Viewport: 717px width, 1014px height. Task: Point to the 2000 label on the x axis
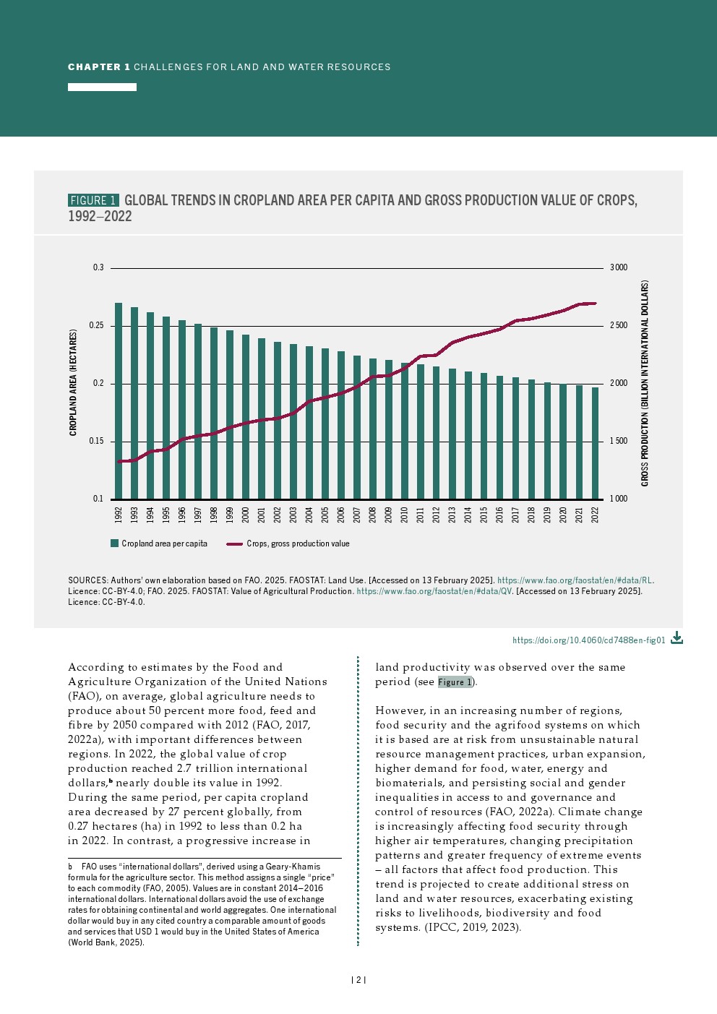[x=246, y=514]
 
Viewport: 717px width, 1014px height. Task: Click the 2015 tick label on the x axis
[x=484, y=514]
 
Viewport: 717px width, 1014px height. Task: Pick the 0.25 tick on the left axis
[x=97, y=326]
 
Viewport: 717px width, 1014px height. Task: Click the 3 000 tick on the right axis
[x=619, y=267]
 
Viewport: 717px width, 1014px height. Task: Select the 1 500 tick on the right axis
[x=619, y=441]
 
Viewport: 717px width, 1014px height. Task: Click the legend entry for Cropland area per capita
[x=159, y=543]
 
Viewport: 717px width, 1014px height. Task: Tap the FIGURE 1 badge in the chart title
[x=93, y=200]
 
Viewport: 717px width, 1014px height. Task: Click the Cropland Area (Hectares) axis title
[x=73, y=382]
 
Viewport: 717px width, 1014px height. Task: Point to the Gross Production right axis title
[x=645, y=383]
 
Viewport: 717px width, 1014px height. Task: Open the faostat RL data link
[x=575, y=580]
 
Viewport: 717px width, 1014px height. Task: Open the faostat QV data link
[x=434, y=591]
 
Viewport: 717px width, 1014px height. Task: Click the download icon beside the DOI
[x=677, y=637]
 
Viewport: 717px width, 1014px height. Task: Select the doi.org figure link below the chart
[x=588, y=640]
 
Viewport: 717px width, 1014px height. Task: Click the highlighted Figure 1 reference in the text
[x=455, y=682]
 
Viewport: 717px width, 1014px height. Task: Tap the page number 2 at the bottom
[x=358, y=980]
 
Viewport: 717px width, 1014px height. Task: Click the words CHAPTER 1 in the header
[x=99, y=67]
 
